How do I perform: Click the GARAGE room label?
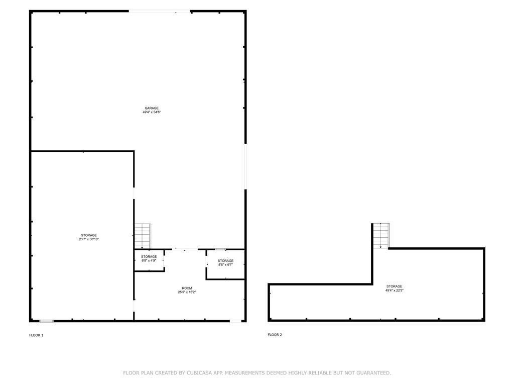[x=152, y=108]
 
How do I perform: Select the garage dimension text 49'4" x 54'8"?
[x=152, y=112]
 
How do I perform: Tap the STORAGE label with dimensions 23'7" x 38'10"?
[x=89, y=235]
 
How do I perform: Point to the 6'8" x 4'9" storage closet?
[x=149, y=260]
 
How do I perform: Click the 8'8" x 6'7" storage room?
[x=225, y=264]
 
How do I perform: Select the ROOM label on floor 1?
[x=187, y=288]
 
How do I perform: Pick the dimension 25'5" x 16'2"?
[x=187, y=292]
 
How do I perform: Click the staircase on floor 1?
[x=143, y=236]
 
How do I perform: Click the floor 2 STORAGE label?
[x=394, y=286]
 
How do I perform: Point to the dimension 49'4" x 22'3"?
[x=394, y=291]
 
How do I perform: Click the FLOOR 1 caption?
[x=36, y=335]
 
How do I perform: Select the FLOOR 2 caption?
[x=275, y=335]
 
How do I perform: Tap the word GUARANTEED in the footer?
[x=373, y=373]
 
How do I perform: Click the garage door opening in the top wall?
[x=159, y=12]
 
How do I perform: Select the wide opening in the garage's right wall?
[x=245, y=166]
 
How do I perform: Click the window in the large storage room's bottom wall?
[x=47, y=321]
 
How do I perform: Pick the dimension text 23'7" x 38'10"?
[x=89, y=239]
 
